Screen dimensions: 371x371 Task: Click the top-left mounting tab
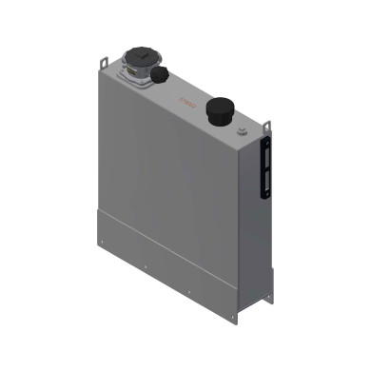coord(102,63)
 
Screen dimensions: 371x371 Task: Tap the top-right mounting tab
coord(268,125)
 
